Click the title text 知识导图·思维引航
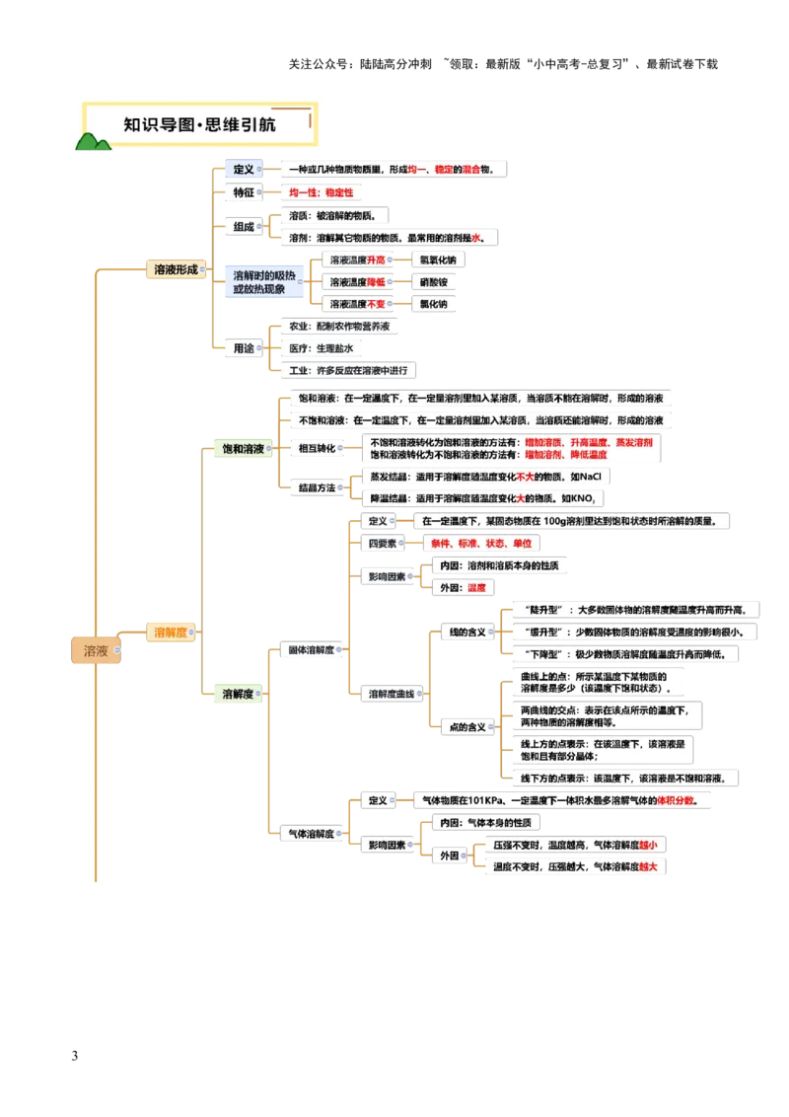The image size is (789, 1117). pos(199,125)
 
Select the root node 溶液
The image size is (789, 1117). pos(96,651)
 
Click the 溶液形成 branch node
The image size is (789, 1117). pos(175,268)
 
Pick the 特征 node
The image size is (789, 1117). pos(243,192)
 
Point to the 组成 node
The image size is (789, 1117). pos(243,227)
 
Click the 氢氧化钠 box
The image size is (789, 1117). pos(433,260)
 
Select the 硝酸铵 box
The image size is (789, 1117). pos(433,282)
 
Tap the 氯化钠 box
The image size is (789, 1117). pos(433,305)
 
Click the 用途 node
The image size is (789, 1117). pos(243,347)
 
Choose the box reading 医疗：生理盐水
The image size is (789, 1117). pos(320,348)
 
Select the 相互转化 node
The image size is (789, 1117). pos(316,449)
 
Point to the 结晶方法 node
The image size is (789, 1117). pos(316,487)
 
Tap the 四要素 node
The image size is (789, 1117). pos(381,543)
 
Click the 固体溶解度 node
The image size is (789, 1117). pos(310,650)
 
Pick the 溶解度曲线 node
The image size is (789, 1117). pos(391,694)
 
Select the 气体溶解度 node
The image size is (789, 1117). pos(310,834)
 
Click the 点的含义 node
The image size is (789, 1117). pos(466,727)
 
